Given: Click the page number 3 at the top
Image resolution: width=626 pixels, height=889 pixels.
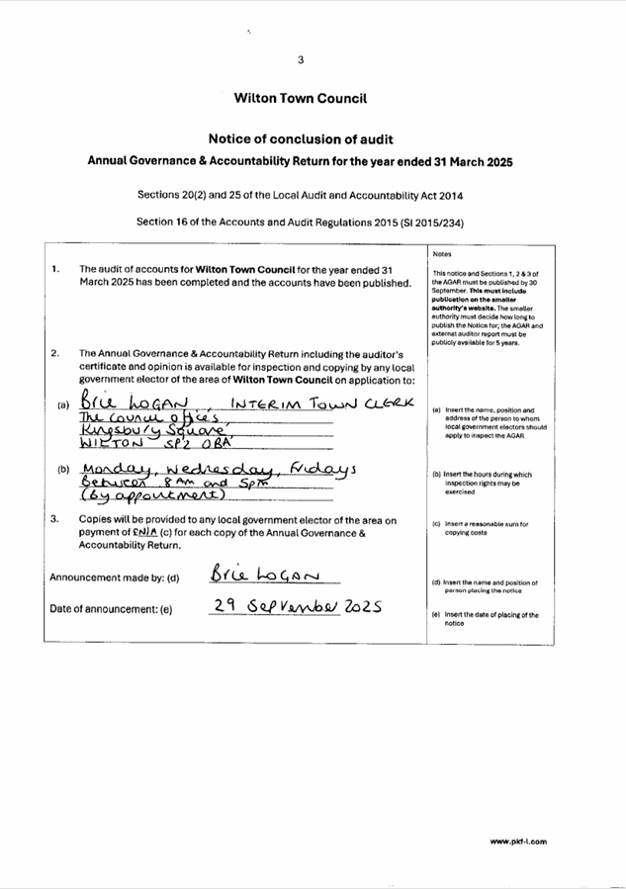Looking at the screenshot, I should point(301,59).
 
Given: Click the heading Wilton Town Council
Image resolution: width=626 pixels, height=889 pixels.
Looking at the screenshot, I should point(301,99).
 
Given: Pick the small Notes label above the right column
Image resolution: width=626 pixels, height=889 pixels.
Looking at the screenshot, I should point(442,253).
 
